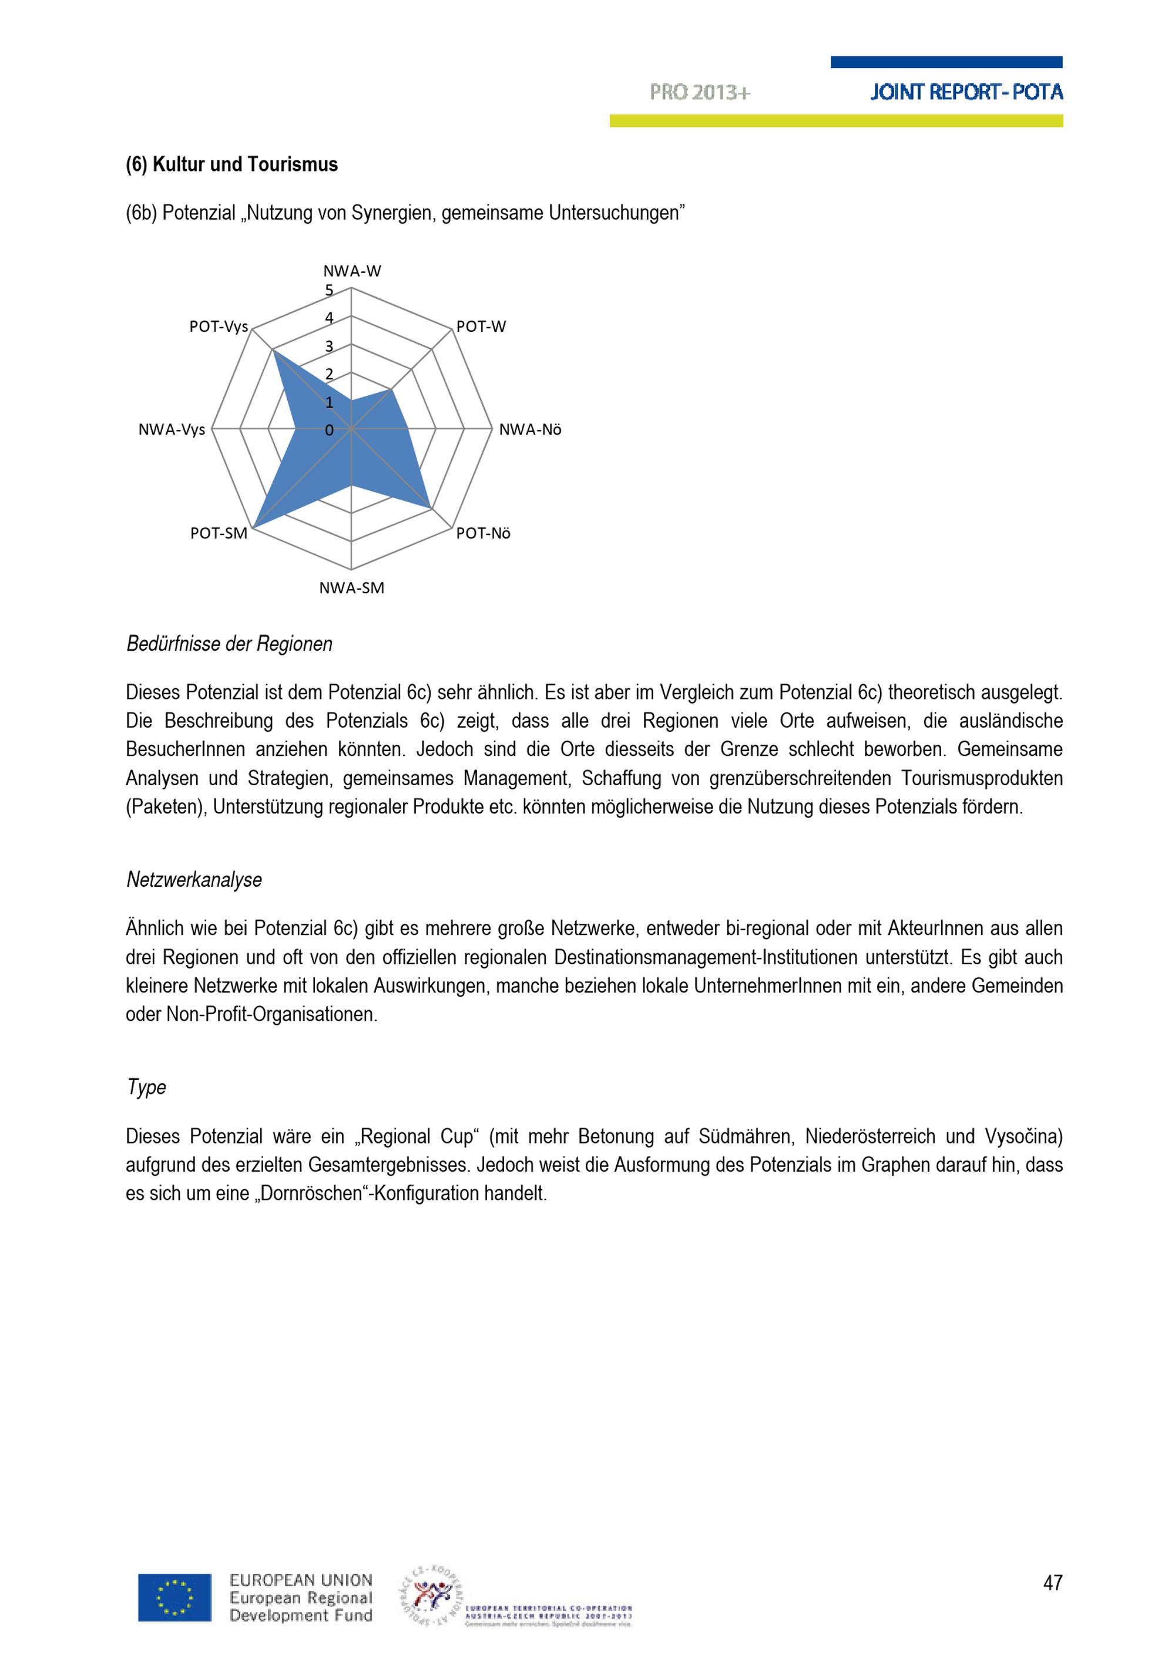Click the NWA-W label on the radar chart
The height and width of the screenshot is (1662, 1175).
pos(352,271)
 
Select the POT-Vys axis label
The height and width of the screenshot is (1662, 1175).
pos(219,327)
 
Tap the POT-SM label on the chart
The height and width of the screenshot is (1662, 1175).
pos(219,533)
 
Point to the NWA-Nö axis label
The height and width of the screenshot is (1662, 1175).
pos(530,430)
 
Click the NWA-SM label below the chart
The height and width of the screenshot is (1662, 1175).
pos(352,588)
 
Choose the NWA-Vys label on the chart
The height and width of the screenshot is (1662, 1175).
pos(172,430)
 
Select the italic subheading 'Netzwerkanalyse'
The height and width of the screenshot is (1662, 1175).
pos(194,880)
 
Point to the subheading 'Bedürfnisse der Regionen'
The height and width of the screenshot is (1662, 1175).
pos(230,644)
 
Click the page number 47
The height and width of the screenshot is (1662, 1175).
pos(1053,1583)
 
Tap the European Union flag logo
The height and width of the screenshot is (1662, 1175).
pos(175,1597)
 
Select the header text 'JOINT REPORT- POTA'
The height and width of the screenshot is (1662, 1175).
pos(966,92)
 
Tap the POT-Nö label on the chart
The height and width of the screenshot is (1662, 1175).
pos(484,533)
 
